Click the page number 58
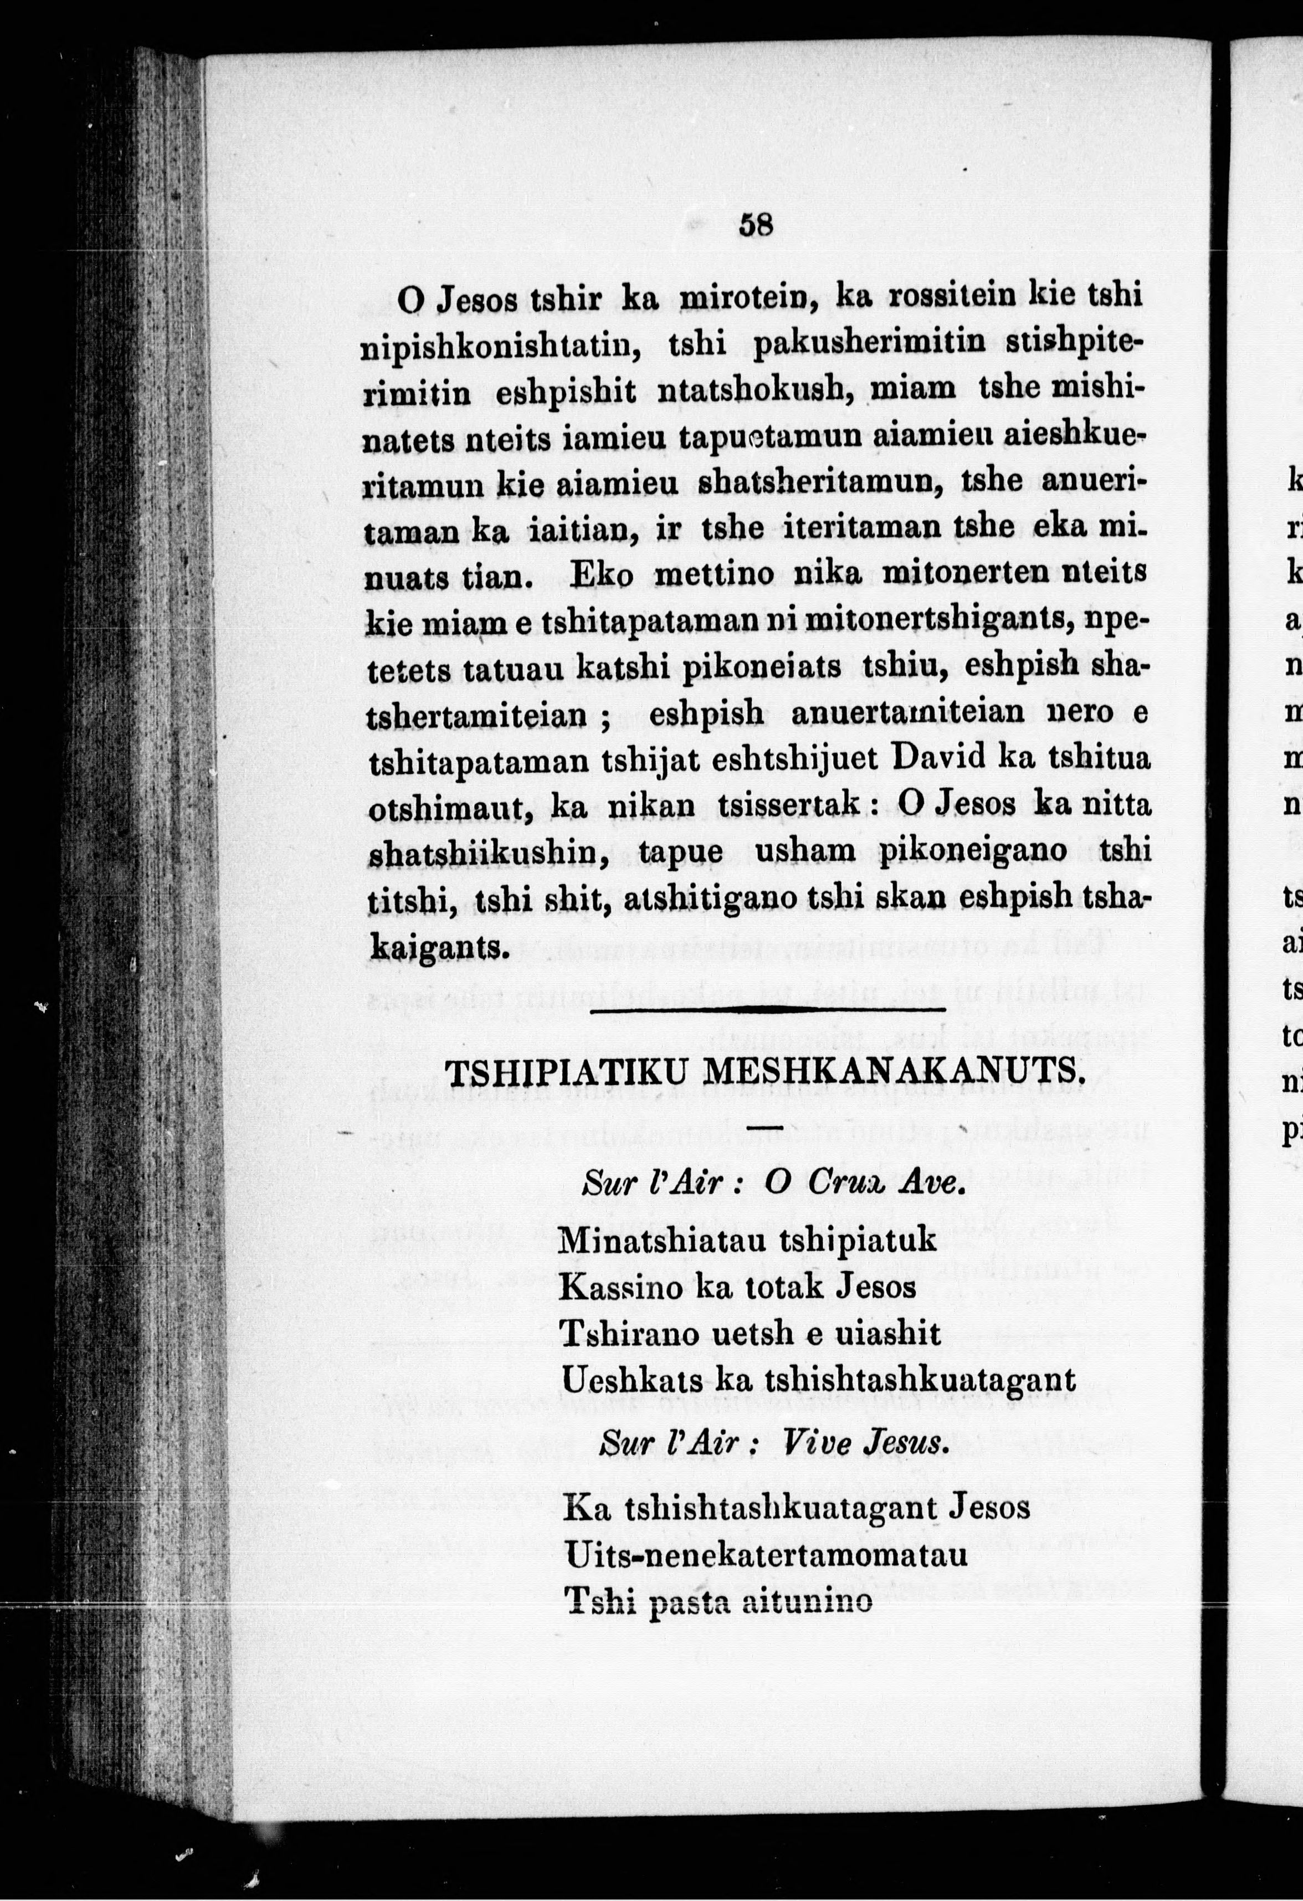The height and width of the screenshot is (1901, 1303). [x=755, y=224]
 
